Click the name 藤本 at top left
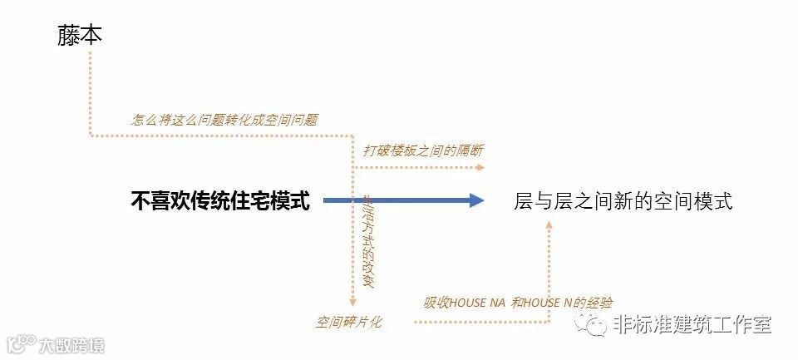tap(80, 36)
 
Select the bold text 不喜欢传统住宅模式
tap(220, 200)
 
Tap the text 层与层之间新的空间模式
tap(623, 201)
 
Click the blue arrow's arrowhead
tap(475, 200)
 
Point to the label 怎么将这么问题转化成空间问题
tap(224, 120)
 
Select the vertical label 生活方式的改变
tap(367, 241)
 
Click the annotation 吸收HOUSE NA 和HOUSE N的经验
tap(519, 303)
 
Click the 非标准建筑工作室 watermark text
tap(692, 324)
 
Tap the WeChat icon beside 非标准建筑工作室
tap(597, 325)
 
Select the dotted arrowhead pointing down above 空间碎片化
tap(352, 301)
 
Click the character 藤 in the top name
tap(69, 36)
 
